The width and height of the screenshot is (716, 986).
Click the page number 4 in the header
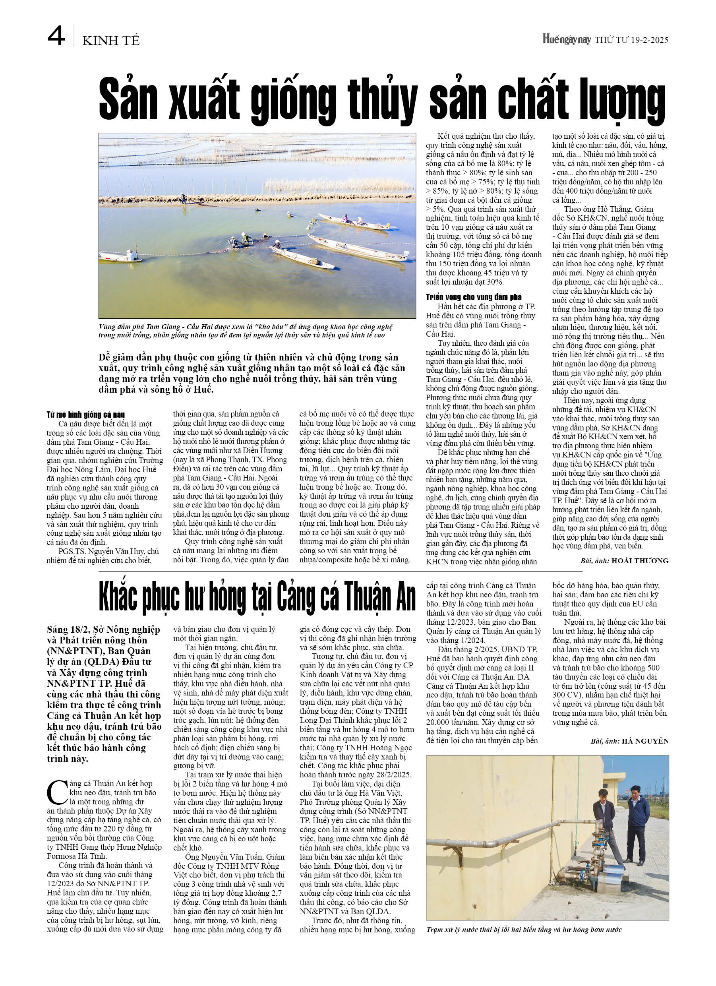click(56, 36)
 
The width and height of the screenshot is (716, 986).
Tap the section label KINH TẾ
click(111, 41)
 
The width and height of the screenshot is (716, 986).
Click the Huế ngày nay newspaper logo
click(567, 40)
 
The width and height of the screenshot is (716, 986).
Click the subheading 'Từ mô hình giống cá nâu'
click(86, 415)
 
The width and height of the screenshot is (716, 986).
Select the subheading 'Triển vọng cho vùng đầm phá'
click(473, 297)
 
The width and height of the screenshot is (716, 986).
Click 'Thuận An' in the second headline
click(379, 598)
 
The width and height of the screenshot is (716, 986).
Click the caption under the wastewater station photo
click(523, 930)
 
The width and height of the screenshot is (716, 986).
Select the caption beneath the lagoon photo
click(246, 331)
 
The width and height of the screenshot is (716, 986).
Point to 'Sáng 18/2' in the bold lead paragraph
click(68, 630)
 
